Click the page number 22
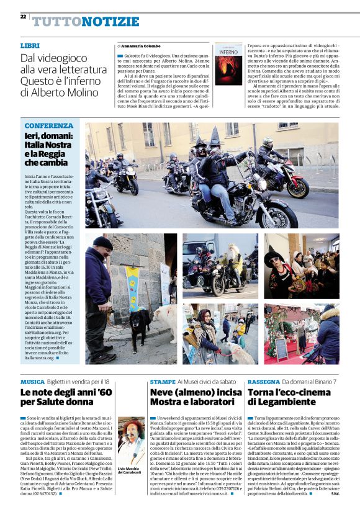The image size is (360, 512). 23,16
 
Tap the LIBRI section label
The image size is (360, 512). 30,46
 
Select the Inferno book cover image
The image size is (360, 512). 228,64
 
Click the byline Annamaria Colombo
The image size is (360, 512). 139,46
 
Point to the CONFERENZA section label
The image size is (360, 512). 49,126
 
